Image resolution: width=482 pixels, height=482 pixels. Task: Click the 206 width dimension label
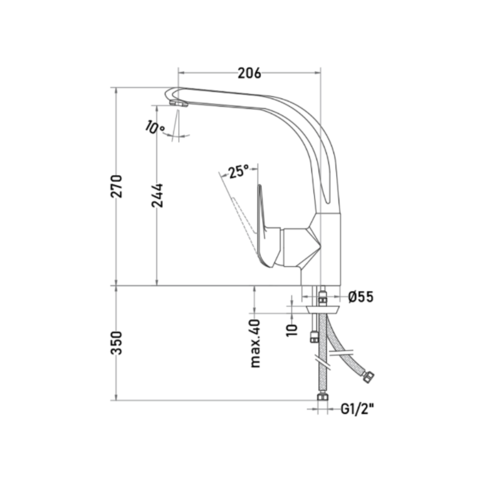tap(249, 73)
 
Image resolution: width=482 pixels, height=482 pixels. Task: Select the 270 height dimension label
tap(116, 186)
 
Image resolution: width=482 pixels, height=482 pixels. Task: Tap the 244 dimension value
tap(158, 195)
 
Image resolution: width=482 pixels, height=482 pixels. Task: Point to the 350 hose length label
tap(116, 343)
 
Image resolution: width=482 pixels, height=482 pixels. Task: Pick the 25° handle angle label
tap(238, 171)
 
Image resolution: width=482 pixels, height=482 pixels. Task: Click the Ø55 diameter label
tap(361, 297)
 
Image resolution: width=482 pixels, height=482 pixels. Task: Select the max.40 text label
tap(255, 344)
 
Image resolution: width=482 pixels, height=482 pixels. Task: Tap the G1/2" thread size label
tap(358, 409)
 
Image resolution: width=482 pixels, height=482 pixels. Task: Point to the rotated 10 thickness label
tap(292, 330)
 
